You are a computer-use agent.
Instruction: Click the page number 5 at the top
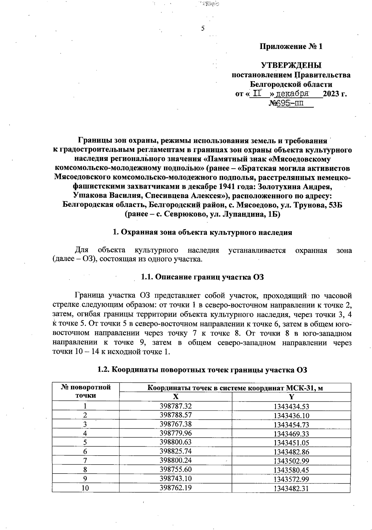coord(203,29)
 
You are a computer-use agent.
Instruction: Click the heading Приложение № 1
coord(291,47)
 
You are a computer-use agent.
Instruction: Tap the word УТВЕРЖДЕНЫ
coord(291,65)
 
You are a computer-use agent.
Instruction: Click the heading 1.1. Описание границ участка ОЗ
coord(202,277)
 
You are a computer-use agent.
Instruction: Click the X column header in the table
coord(175,397)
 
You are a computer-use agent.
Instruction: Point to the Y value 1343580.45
coord(291,470)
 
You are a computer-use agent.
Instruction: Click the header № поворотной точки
coord(86,391)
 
